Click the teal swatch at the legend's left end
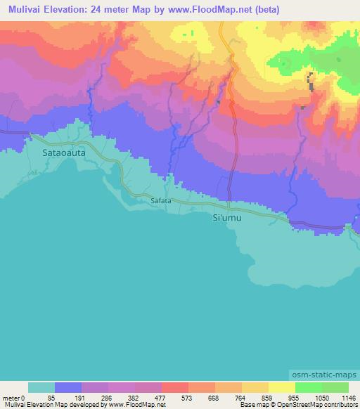[x=41, y=387]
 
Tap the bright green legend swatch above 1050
[x=309, y=387]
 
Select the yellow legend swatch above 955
[x=282, y=387]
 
